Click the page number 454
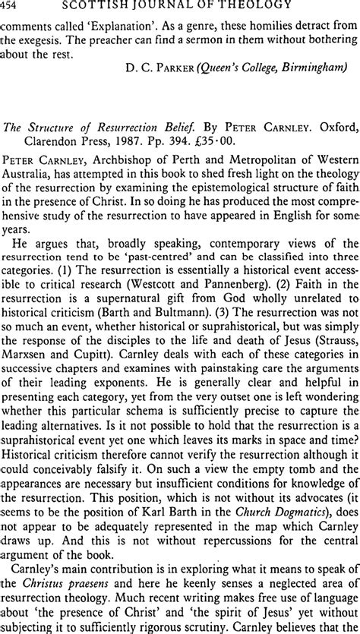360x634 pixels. point(12,7)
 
